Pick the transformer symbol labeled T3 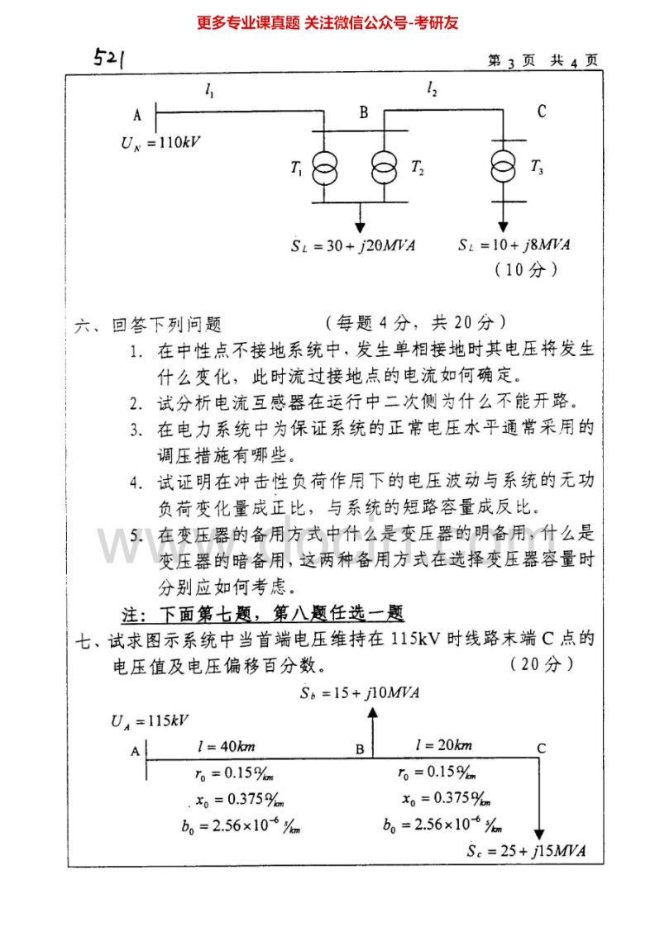tap(503, 168)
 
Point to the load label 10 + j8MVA tap(514, 245)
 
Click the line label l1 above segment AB tap(209, 93)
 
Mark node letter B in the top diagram tap(363, 112)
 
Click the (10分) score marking tap(525, 269)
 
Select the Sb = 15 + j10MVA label tap(361, 692)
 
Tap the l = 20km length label tap(444, 745)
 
